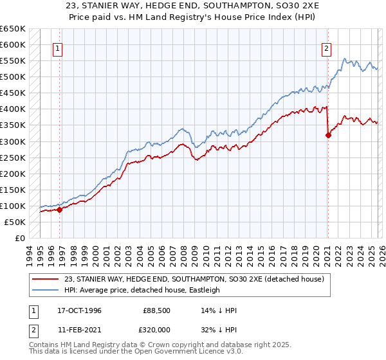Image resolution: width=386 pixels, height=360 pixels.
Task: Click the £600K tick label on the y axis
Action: click(13, 45)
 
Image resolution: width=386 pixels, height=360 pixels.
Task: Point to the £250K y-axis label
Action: click(13, 157)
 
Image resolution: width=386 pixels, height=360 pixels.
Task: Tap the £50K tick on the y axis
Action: click(15, 222)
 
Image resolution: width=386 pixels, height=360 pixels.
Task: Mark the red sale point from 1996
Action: click(59, 209)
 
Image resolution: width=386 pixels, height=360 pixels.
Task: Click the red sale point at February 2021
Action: click(328, 135)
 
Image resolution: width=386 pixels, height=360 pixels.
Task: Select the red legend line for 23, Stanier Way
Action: click(48, 279)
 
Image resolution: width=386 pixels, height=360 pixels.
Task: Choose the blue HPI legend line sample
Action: click(48, 290)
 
